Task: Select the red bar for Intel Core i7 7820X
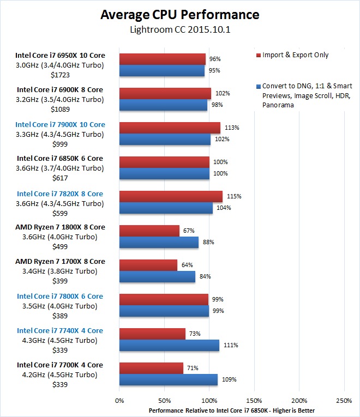point(171,196)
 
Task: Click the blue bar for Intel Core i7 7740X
point(169,345)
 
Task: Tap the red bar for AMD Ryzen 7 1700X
point(148,265)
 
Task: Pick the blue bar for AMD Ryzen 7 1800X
point(159,242)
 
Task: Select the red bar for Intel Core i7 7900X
point(170,128)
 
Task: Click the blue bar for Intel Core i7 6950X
point(162,70)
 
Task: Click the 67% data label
point(189,231)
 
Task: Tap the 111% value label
point(230,345)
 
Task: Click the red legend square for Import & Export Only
point(258,56)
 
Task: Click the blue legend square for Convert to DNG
point(258,86)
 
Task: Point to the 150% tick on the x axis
point(254,401)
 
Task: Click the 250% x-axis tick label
point(344,401)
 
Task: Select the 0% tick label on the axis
point(119,401)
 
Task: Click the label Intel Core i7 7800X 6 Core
point(60,296)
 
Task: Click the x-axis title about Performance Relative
point(232,410)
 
